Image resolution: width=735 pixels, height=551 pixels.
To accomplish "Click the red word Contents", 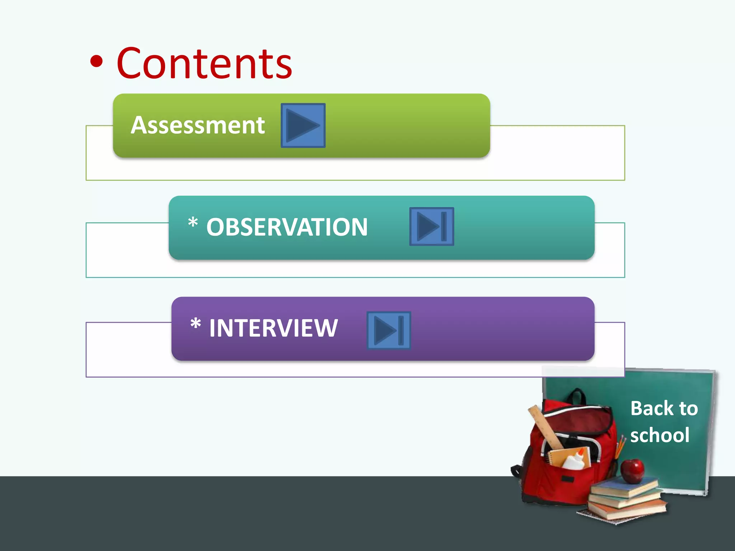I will [x=205, y=64].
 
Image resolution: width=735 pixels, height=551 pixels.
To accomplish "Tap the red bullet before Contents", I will [x=96, y=62].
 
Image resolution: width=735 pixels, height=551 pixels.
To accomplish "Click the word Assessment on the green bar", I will [x=198, y=125].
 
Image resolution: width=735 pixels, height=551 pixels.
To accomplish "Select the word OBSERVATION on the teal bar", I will [x=287, y=227].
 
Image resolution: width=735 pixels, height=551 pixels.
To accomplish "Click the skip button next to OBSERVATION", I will [x=432, y=226].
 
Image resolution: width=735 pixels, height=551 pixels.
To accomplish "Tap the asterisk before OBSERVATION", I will [x=193, y=222].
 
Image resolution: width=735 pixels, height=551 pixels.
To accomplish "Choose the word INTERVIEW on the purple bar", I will [x=273, y=328].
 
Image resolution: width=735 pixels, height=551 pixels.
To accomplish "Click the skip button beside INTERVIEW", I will [x=389, y=330].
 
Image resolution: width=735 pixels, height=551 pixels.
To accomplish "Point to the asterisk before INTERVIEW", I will [x=196, y=324].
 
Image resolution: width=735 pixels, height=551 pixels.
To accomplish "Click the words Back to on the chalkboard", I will [x=664, y=408].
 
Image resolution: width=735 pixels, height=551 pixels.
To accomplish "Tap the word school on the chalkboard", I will [x=660, y=435].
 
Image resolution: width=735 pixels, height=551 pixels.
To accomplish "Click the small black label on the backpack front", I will [x=567, y=479].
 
